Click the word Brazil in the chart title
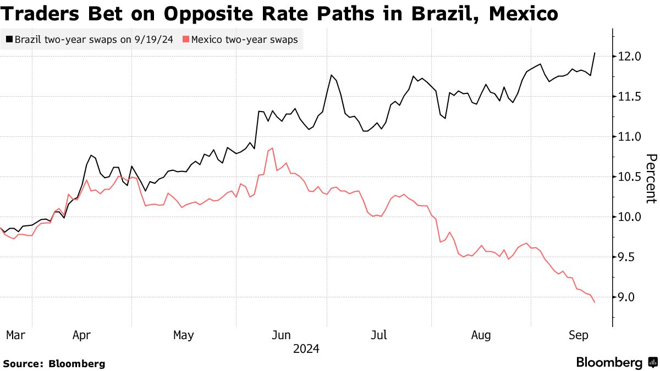pyautogui.click(x=444, y=14)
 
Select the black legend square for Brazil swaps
pyautogui.click(x=9, y=40)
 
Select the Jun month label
pyautogui.click(x=282, y=334)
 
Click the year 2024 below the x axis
pyautogui.click(x=307, y=348)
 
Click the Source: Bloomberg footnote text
pyautogui.click(x=54, y=363)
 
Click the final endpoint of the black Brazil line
pyautogui.click(x=595, y=53)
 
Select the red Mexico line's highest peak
pyautogui.click(x=272, y=148)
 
